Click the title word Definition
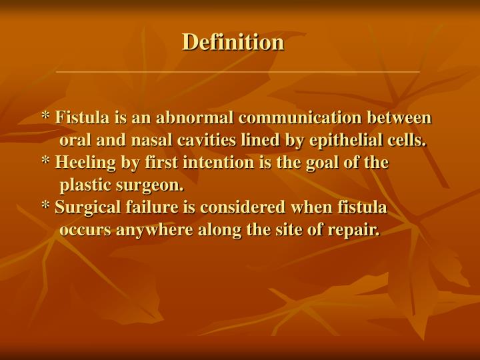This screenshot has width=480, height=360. pyautogui.click(x=233, y=42)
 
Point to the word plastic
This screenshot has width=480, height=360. pyautogui.click(x=82, y=185)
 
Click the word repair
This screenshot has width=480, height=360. pyautogui.click(x=357, y=231)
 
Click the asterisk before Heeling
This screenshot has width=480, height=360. pyautogui.click(x=46, y=162)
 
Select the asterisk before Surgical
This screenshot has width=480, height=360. pyautogui.click(x=46, y=207)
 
